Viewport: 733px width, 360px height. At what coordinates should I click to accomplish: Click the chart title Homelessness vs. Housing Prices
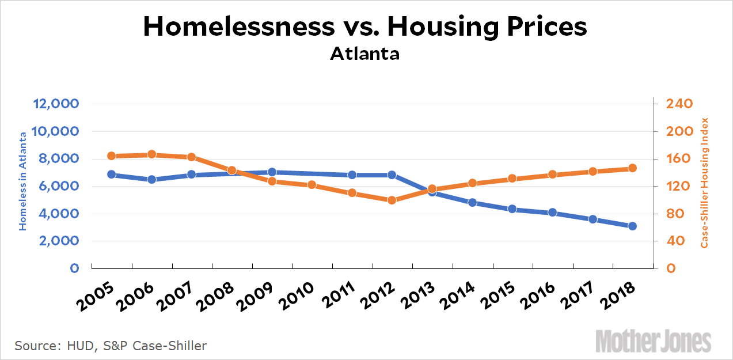(366, 27)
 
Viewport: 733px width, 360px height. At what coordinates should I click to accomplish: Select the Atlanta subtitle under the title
(365, 55)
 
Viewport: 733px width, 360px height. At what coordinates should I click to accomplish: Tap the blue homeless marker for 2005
(112, 175)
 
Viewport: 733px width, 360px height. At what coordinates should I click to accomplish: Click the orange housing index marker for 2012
(392, 200)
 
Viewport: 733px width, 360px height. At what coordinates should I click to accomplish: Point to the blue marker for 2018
(632, 226)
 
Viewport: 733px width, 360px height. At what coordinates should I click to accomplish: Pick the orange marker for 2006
(152, 154)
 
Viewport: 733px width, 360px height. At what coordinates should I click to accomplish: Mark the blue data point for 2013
(432, 192)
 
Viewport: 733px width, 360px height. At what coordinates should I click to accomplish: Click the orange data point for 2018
(632, 168)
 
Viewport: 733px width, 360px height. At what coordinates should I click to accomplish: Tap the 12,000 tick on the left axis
(57, 104)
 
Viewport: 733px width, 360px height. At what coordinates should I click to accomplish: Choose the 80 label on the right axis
(673, 214)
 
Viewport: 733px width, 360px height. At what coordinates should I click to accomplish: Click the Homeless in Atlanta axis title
(23, 181)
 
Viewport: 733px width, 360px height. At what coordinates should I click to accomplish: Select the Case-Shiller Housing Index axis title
(704, 183)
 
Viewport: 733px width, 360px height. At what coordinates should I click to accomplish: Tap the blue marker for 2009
(272, 172)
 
